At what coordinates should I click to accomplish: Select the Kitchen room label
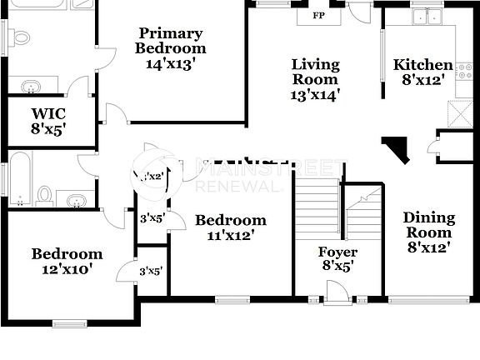pos(423,71)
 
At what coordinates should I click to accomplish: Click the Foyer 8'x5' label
pos(337,258)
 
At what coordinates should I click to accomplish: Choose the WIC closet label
pos(48,121)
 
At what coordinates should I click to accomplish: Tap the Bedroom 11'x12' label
pos(231,227)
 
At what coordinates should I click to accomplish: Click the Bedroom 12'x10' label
pos(67,261)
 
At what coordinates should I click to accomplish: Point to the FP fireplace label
pos(318,16)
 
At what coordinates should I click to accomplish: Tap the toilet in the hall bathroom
pos(45,196)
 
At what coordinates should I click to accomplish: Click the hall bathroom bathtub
pos(20,177)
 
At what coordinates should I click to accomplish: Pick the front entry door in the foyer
pos(337,293)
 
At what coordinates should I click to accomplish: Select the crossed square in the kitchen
pos(460,112)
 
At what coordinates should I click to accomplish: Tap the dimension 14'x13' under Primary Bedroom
pos(170,62)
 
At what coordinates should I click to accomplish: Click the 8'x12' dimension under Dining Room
pos(429,247)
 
